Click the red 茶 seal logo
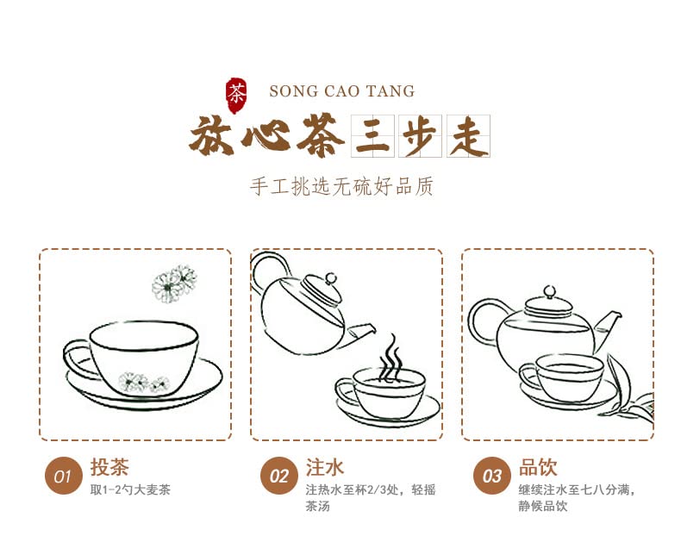pos(235,91)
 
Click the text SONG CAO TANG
pos(341,91)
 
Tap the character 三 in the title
pos(372,137)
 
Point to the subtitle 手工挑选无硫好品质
pos(341,186)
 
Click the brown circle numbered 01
pos(63,476)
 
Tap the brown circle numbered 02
pos(279,476)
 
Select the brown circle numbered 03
pos(492,476)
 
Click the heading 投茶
pos(109,468)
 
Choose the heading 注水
pos(325,468)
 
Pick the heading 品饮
pos(538,468)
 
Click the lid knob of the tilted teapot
pos(329,277)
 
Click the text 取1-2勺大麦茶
pos(130,490)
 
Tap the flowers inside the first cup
pos(143,382)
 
